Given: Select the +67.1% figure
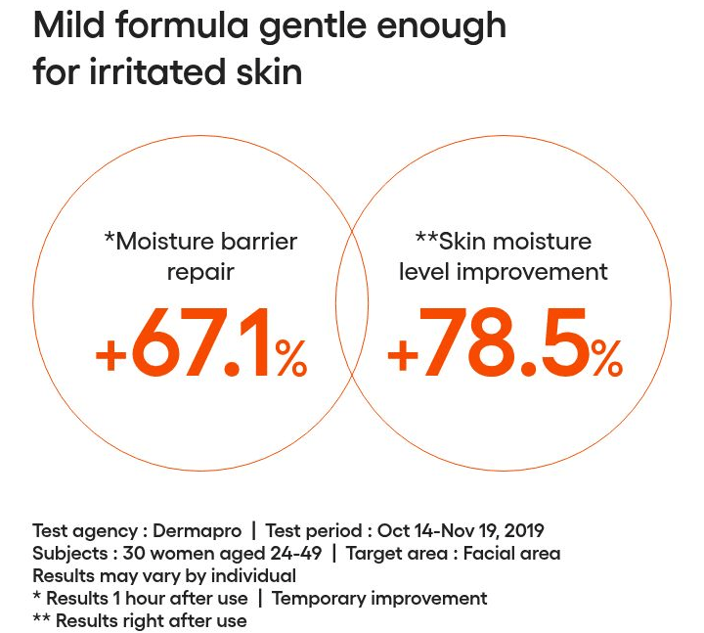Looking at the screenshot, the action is [x=201, y=342].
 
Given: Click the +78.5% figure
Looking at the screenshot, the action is [x=505, y=342].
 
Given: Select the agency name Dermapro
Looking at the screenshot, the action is [x=197, y=531].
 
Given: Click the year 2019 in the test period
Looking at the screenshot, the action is [x=524, y=530].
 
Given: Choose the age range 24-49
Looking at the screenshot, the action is [x=296, y=553].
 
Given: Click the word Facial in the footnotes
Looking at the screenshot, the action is [x=489, y=553].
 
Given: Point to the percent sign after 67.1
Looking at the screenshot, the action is [x=291, y=358].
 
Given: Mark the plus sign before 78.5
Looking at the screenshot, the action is [x=403, y=356].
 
